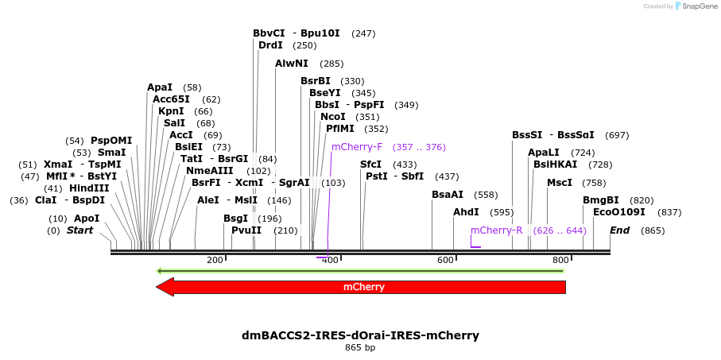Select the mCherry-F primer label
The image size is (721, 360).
click(357, 147)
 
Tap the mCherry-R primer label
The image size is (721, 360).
click(496, 230)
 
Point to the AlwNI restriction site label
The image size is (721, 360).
click(292, 64)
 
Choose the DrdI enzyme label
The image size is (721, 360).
click(270, 45)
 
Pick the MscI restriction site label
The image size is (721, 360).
click(559, 183)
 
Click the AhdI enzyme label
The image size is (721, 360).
click(466, 212)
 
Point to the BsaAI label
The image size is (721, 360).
click(448, 195)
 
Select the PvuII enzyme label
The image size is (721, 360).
click(246, 230)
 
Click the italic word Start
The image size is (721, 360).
click(79, 230)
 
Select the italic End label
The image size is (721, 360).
click(620, 230)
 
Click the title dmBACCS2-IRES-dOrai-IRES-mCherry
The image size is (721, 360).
click(360, 335)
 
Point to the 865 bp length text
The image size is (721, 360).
click(360, 348)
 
